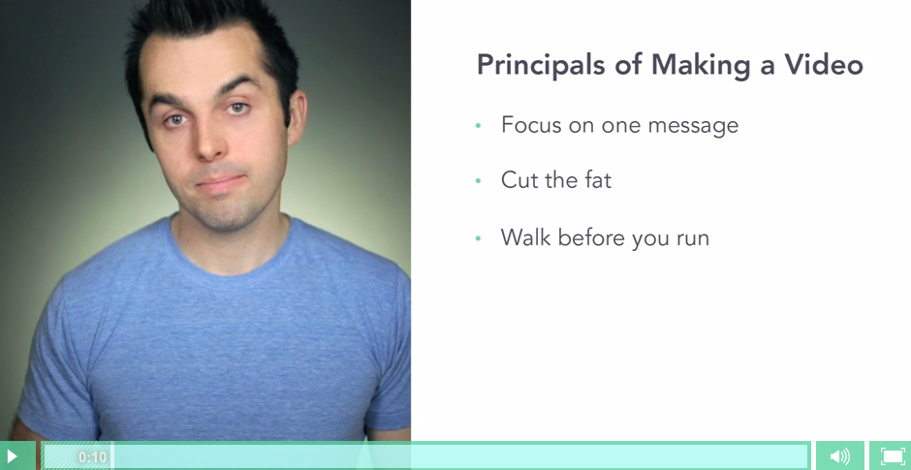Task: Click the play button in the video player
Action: click(x=11, y=456)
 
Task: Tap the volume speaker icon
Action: click(x=840, y=456)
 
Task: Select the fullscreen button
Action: click(x=893, y=456)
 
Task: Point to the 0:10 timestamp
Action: click(x=93, y=456)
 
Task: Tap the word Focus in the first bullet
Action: click(x=531, y=124)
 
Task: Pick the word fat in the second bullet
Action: click(x=597, y=180)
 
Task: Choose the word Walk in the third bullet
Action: click(x=526, y=237)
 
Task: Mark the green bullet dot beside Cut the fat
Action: click(x=478, y=181)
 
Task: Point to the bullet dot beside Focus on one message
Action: click(x=478, y=125)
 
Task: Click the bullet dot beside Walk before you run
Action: click(x=478, y=237)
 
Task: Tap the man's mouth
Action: click(x=221, y=183)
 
